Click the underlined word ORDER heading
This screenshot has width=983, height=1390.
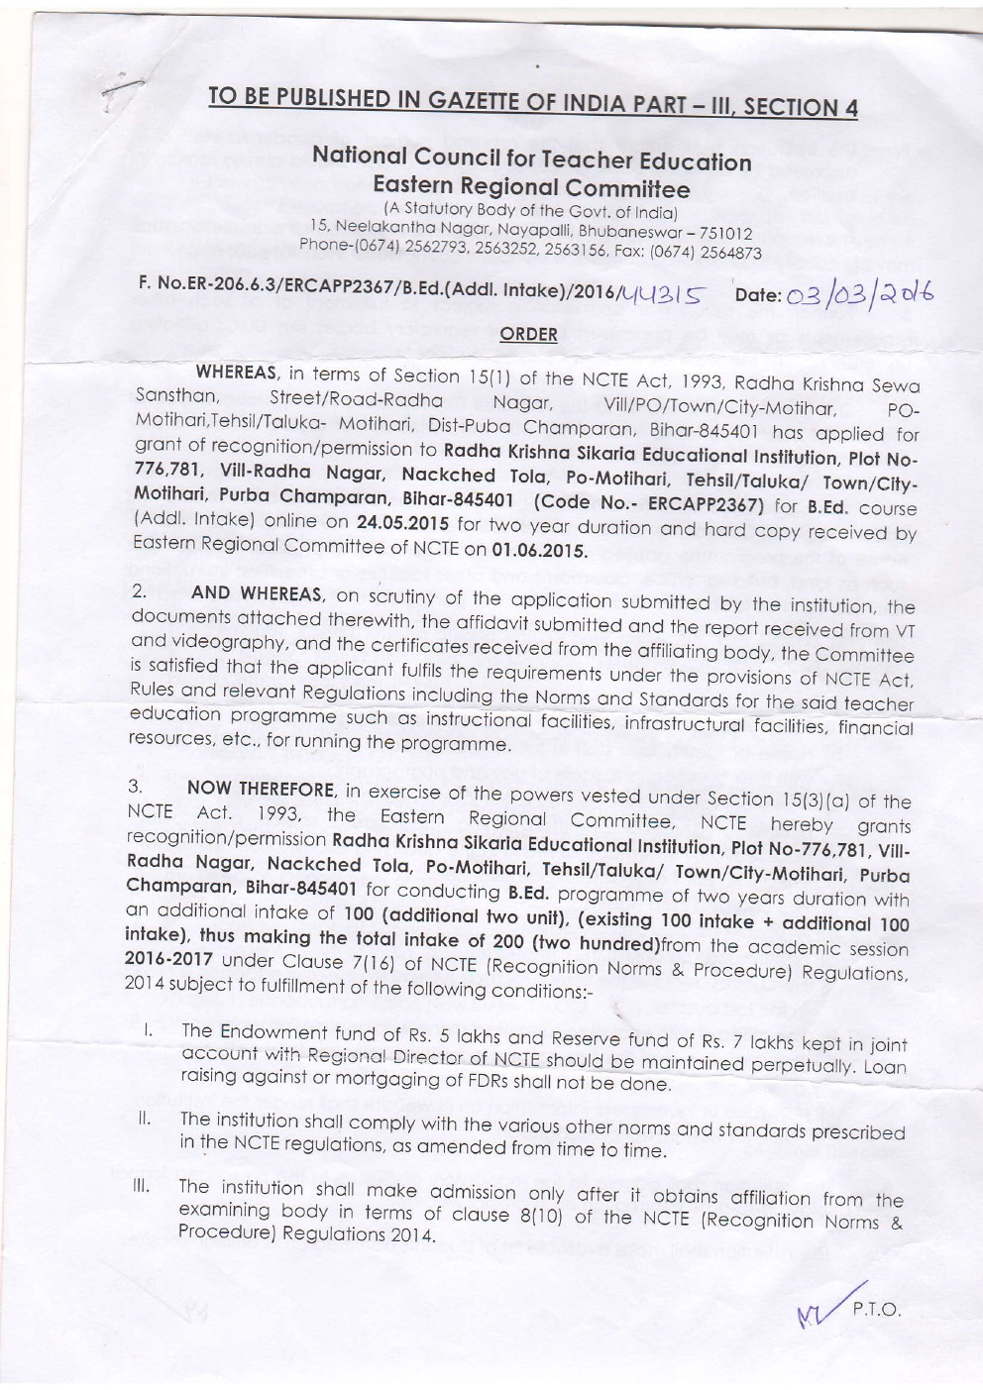[x=528, y=334]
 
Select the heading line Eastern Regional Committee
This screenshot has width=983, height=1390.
[x=530, y=187]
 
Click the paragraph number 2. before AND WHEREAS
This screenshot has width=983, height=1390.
[x=140, y=591]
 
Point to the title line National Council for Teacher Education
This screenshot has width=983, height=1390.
[x=531, y=160]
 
